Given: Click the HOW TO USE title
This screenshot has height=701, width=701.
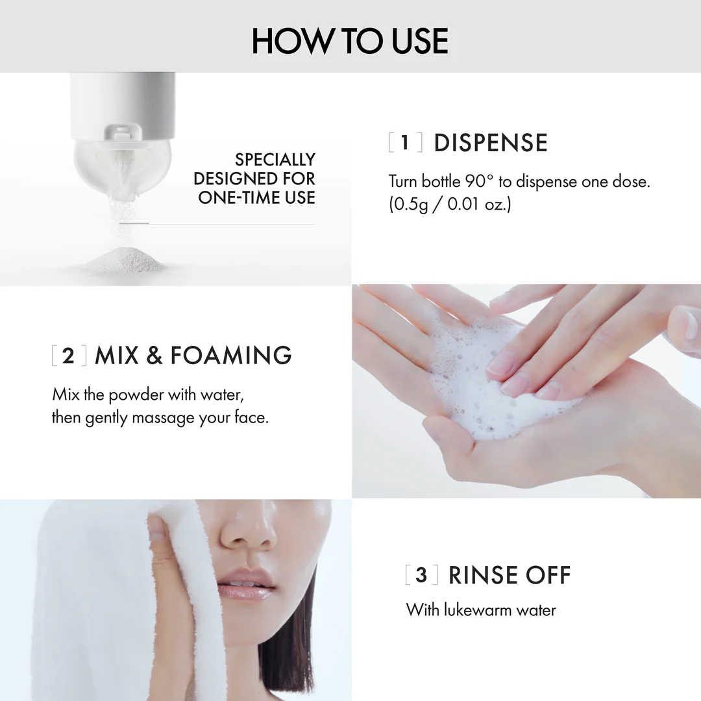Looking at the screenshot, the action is (350, 41).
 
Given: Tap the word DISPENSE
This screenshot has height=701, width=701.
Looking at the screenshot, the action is (491, 143).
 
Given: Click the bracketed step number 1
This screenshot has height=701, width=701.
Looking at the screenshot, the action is (405, 143).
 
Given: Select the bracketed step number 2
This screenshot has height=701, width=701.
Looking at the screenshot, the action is (68, 356).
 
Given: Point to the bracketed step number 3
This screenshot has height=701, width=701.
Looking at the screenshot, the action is (422, 575).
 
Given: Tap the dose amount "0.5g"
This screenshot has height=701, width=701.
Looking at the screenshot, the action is (410, 204).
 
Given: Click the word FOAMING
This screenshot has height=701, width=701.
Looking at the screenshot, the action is (230, 356).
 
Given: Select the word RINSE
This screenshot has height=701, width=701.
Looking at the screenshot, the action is (483, 575).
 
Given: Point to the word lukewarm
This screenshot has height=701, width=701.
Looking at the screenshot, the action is (478, 610).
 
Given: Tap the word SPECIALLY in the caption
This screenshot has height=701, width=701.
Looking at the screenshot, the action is (275, 160).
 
